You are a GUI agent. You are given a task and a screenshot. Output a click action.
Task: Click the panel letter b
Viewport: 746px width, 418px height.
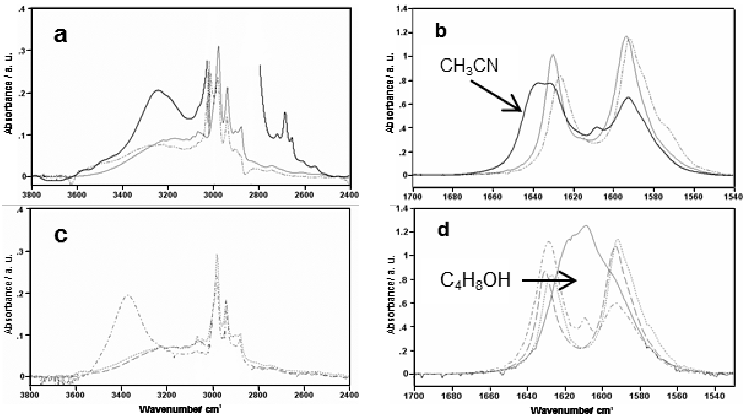[441, 31]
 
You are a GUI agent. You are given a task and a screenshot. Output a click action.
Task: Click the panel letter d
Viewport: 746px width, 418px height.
[443, 230]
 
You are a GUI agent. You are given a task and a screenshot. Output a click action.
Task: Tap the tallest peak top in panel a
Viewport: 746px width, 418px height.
[219, 46]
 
